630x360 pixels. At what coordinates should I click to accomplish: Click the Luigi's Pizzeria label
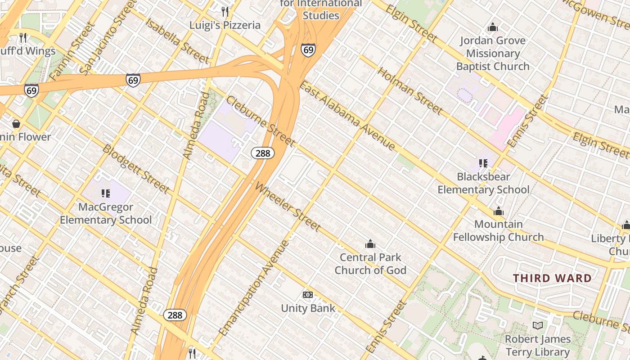(225, 25)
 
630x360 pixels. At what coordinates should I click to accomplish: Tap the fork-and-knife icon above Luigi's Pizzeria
(225, 11)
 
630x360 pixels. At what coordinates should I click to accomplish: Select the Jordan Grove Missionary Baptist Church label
(493, 54)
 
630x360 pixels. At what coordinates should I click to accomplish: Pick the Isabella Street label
(177, 41)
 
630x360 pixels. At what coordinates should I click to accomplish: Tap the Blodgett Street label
(136, 169)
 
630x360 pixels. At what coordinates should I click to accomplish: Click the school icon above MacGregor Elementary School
(106, 193)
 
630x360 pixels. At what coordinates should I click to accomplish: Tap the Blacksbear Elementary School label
(483, 183)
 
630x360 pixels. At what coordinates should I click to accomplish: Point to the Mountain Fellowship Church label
(498, 230)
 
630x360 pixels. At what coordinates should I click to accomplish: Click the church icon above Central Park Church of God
(370, 244)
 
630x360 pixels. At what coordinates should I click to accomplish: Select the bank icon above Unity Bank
(308, 295)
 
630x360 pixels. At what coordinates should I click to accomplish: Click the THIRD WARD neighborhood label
(553, 278)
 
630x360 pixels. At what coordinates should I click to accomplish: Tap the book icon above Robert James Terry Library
(537, 325)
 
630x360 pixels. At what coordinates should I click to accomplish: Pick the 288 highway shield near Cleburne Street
(263, 153)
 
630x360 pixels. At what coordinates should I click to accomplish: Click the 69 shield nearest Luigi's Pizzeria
(308, 49)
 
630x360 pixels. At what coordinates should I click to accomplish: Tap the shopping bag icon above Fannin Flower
(16, 123)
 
